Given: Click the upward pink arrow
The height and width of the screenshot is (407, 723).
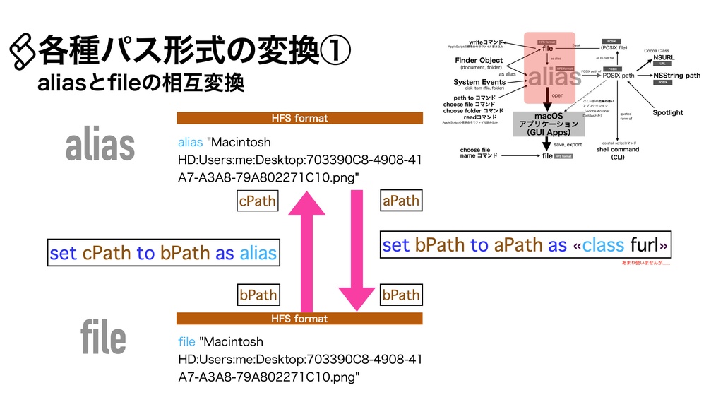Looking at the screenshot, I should [x=306, y=254].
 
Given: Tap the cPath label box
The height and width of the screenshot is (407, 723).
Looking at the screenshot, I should [x=257, y=201].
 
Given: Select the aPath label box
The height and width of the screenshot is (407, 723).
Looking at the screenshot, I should [x=400, y=201].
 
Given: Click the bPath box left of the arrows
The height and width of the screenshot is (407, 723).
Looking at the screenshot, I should [x=258, y=295].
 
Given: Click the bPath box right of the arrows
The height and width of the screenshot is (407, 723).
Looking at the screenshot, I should [x=400, y=295].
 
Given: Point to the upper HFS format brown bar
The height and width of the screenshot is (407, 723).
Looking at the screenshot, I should [x=299, y=118].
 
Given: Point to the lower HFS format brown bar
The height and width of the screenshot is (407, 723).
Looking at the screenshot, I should [x=299, y=319].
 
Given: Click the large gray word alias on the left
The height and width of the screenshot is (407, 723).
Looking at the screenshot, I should [x=100, y=145].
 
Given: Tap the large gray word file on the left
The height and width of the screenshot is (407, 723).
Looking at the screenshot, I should [x=103, y=338].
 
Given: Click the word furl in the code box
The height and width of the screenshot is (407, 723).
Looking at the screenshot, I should [x=644, y=244].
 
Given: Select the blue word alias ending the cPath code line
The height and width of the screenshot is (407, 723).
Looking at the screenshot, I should [x=258, y=253].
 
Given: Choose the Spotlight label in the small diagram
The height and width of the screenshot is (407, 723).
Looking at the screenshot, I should [x=667, y=112].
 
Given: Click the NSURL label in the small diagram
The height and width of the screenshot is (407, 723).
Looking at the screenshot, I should [x=664, y=57].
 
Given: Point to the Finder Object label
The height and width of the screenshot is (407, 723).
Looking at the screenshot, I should [x=479, y=61].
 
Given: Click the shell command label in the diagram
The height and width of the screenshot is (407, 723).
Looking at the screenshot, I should [x=617, y=150].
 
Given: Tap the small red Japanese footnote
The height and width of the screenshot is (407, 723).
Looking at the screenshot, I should [x=645, y=264].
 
